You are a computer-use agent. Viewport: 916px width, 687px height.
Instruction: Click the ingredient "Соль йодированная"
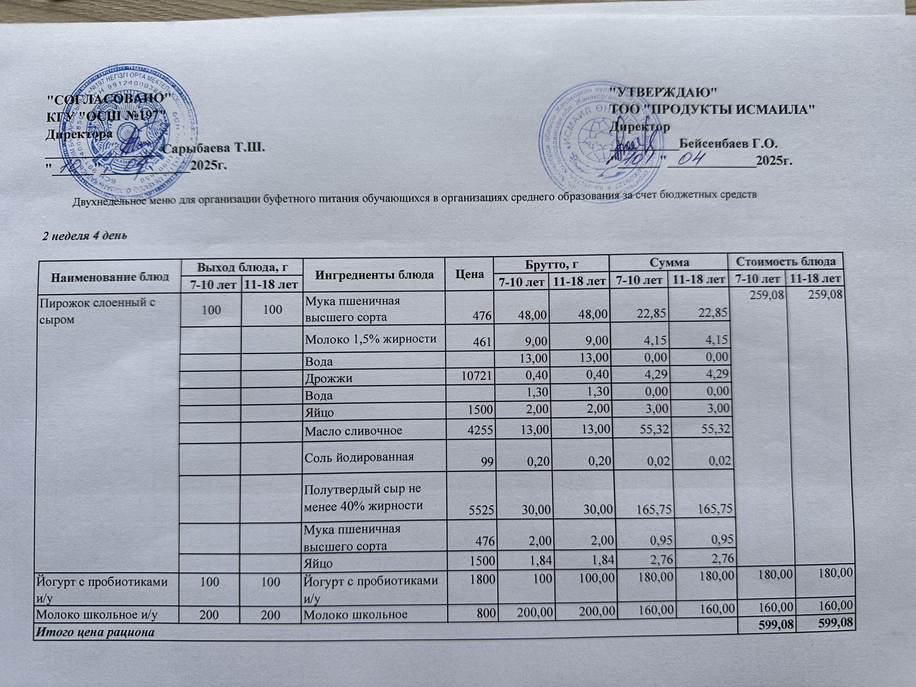[359, 457]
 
